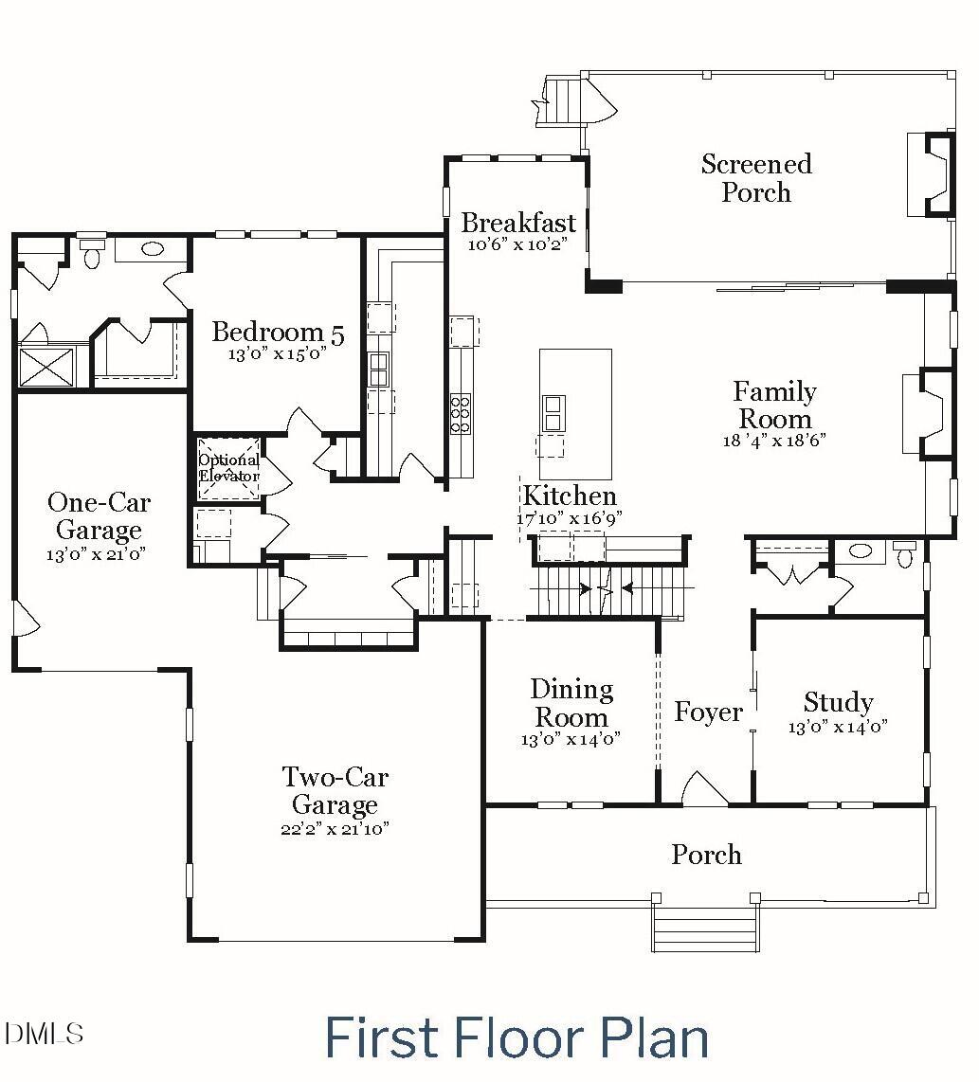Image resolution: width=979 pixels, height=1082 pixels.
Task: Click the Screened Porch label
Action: pos(755,178)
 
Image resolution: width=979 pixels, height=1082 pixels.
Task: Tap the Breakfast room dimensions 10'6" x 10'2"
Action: pos(517,244)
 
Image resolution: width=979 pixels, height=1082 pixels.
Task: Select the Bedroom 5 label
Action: pos(277,333)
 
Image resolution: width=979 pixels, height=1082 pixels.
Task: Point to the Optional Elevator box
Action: pos(227,468)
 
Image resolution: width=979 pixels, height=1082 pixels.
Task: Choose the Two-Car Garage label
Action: pos(335,791)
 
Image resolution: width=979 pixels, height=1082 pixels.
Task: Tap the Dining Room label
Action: pos(571,703)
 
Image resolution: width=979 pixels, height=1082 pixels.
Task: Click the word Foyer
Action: pos(707,712)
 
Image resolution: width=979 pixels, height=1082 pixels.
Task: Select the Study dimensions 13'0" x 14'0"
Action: pos(838,728)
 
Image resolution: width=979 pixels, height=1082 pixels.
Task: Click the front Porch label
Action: pos(706,855)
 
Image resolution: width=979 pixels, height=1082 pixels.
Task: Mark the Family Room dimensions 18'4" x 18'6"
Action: pos(773,441)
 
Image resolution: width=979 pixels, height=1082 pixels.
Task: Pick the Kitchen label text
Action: pos(570,496)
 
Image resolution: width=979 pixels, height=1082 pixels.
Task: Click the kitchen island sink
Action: pos(553,412)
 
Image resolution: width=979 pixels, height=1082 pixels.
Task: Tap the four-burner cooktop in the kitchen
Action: pos(461,414)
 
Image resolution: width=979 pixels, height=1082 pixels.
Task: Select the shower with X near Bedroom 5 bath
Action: pos(46,367)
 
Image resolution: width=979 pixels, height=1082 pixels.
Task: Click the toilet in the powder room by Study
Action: pos(906,553)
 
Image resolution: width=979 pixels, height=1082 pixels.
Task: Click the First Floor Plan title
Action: pos(517,1037)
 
